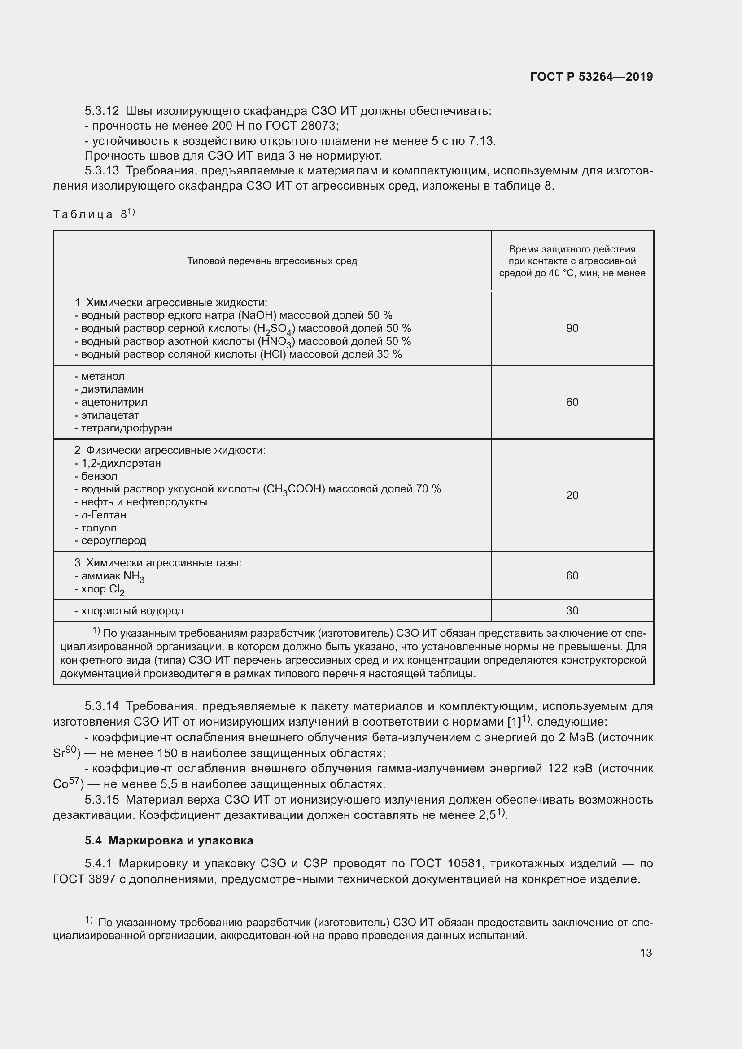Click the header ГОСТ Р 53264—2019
point(591,77)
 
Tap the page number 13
point(646,953)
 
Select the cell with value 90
point(572,328)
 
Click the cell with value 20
point(572,495)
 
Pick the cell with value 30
point(572,610)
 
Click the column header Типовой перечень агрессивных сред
point(272,261)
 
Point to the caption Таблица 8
point(94,214)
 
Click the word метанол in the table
point(103,376)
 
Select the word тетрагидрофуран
point(127,428)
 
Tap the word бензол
point(99,476)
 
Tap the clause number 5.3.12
point(101,111)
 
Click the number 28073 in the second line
point(319,126)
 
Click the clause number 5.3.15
point(101,800)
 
